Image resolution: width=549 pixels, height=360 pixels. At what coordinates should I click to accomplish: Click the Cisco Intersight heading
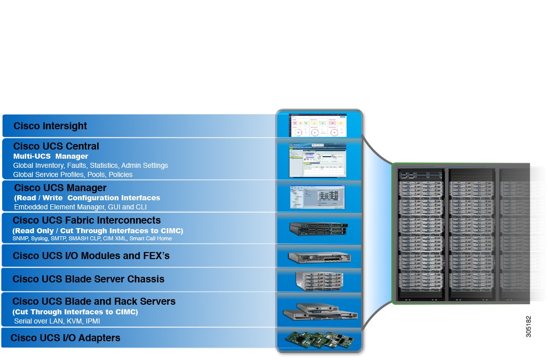(50, 126)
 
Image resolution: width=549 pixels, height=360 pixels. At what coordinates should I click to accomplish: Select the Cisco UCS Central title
(56, 147)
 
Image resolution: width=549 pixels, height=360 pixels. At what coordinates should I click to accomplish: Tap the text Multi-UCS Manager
(51, 156)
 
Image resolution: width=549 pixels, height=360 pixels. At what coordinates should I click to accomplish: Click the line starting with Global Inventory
(90, 165)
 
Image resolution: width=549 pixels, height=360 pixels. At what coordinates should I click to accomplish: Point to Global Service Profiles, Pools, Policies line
(72, 174)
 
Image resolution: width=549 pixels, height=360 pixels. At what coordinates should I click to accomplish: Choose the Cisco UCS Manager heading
(60, 188)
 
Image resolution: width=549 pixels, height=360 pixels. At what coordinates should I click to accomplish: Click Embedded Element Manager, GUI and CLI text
(80, 207)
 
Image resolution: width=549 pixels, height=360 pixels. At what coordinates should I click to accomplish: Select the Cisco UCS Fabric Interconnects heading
(87, 221)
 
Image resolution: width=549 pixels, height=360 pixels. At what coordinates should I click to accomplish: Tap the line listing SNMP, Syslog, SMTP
(92, 238)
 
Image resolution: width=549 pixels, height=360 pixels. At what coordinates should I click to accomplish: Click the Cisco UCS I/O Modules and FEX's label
(91, 256)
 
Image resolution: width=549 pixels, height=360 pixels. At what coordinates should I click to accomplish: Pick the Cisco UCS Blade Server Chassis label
(88, 279)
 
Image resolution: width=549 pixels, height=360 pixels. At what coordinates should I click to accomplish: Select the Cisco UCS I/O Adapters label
(65, 338)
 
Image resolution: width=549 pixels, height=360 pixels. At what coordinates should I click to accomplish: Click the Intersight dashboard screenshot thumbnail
(318, 125)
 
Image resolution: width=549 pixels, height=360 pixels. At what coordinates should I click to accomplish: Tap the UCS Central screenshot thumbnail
(318, 160)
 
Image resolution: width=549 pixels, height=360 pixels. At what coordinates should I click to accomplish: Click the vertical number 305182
(529, 327)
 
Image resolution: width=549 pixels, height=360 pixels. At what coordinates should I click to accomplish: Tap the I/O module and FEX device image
(318, 257)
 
